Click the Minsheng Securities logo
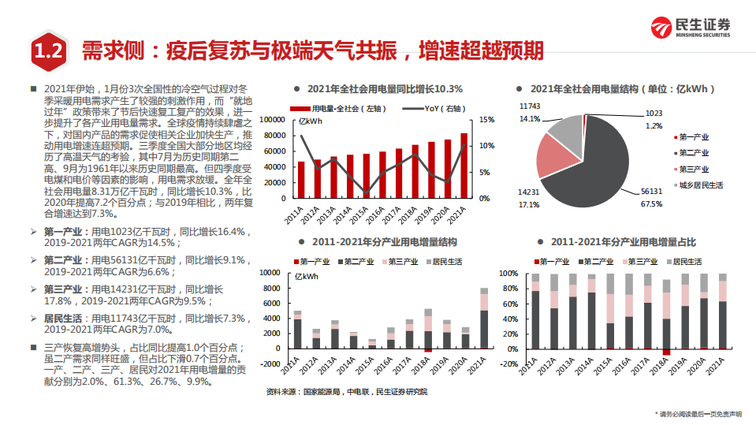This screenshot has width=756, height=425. [689, 28]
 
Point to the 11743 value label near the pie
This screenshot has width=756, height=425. [529, 106]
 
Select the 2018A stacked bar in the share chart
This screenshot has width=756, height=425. [666, 315]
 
